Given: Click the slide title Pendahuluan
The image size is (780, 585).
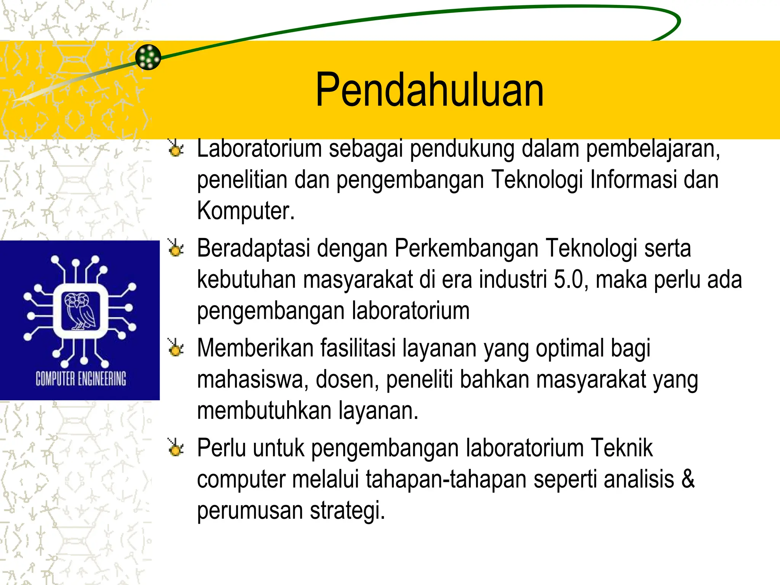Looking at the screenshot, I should (x=430, y=90).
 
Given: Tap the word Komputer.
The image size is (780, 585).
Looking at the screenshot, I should (x=246, y=211).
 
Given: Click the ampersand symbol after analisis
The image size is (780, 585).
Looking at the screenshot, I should (x=688, y=479).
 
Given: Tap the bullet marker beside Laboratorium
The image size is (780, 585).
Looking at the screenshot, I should (x=176, y=149).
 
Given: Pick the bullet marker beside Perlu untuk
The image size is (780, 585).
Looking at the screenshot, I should (x=176, y=448).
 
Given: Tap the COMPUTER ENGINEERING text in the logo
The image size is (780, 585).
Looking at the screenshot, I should (x=81, y=379).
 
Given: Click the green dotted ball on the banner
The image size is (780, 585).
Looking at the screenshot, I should (x=148, y=57).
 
